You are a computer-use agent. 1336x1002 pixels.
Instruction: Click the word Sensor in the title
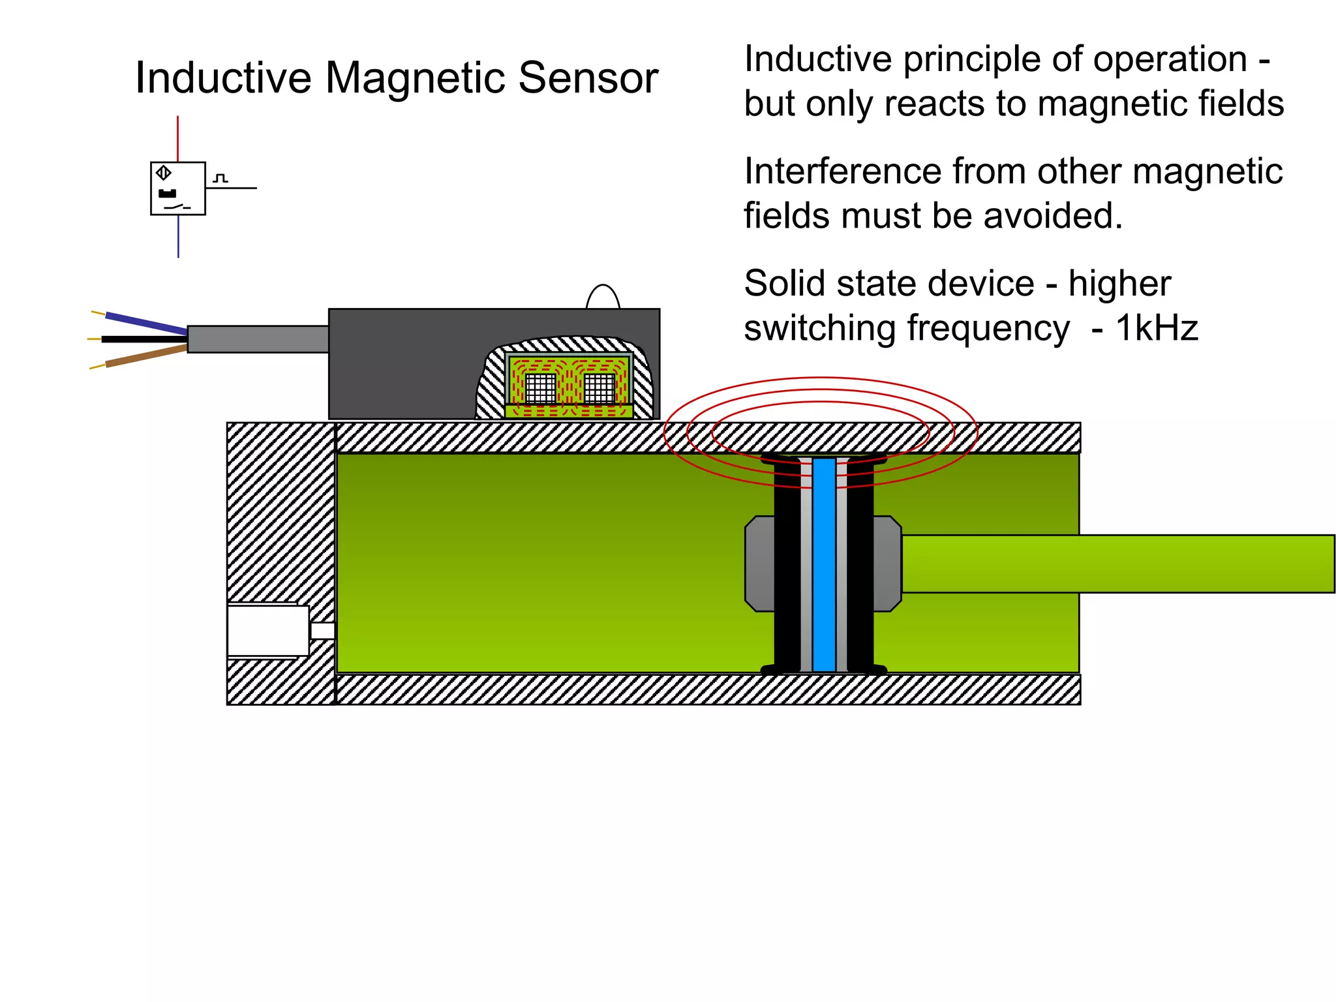click(x=588, y=78)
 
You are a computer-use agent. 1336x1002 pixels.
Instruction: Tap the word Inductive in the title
click(x=223, y=78)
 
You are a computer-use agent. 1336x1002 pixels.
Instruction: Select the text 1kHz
click(x=1156, y=328)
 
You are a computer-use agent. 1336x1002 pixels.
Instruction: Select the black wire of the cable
click(x=145, y=339)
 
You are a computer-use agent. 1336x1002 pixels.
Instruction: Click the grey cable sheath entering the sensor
click(x=258, y=339)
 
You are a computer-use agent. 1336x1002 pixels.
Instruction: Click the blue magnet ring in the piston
click(x=824, y=564)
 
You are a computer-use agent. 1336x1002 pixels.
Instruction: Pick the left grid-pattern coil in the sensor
click(x=540, y=388)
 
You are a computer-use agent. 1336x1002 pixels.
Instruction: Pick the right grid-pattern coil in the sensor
click(x=599, y=388)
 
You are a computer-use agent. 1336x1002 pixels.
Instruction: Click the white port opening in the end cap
click(x=267, y=630)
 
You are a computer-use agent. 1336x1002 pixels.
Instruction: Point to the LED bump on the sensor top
click(x=603, y=297)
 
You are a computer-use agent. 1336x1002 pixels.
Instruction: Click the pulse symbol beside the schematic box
click(x=220, y=177)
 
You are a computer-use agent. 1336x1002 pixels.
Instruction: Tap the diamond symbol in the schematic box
click(x=164, y=173)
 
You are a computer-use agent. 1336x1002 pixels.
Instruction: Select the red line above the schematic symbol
click(x=177, y=138)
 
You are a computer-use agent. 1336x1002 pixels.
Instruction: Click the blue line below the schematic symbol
click(x=178, y=236)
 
